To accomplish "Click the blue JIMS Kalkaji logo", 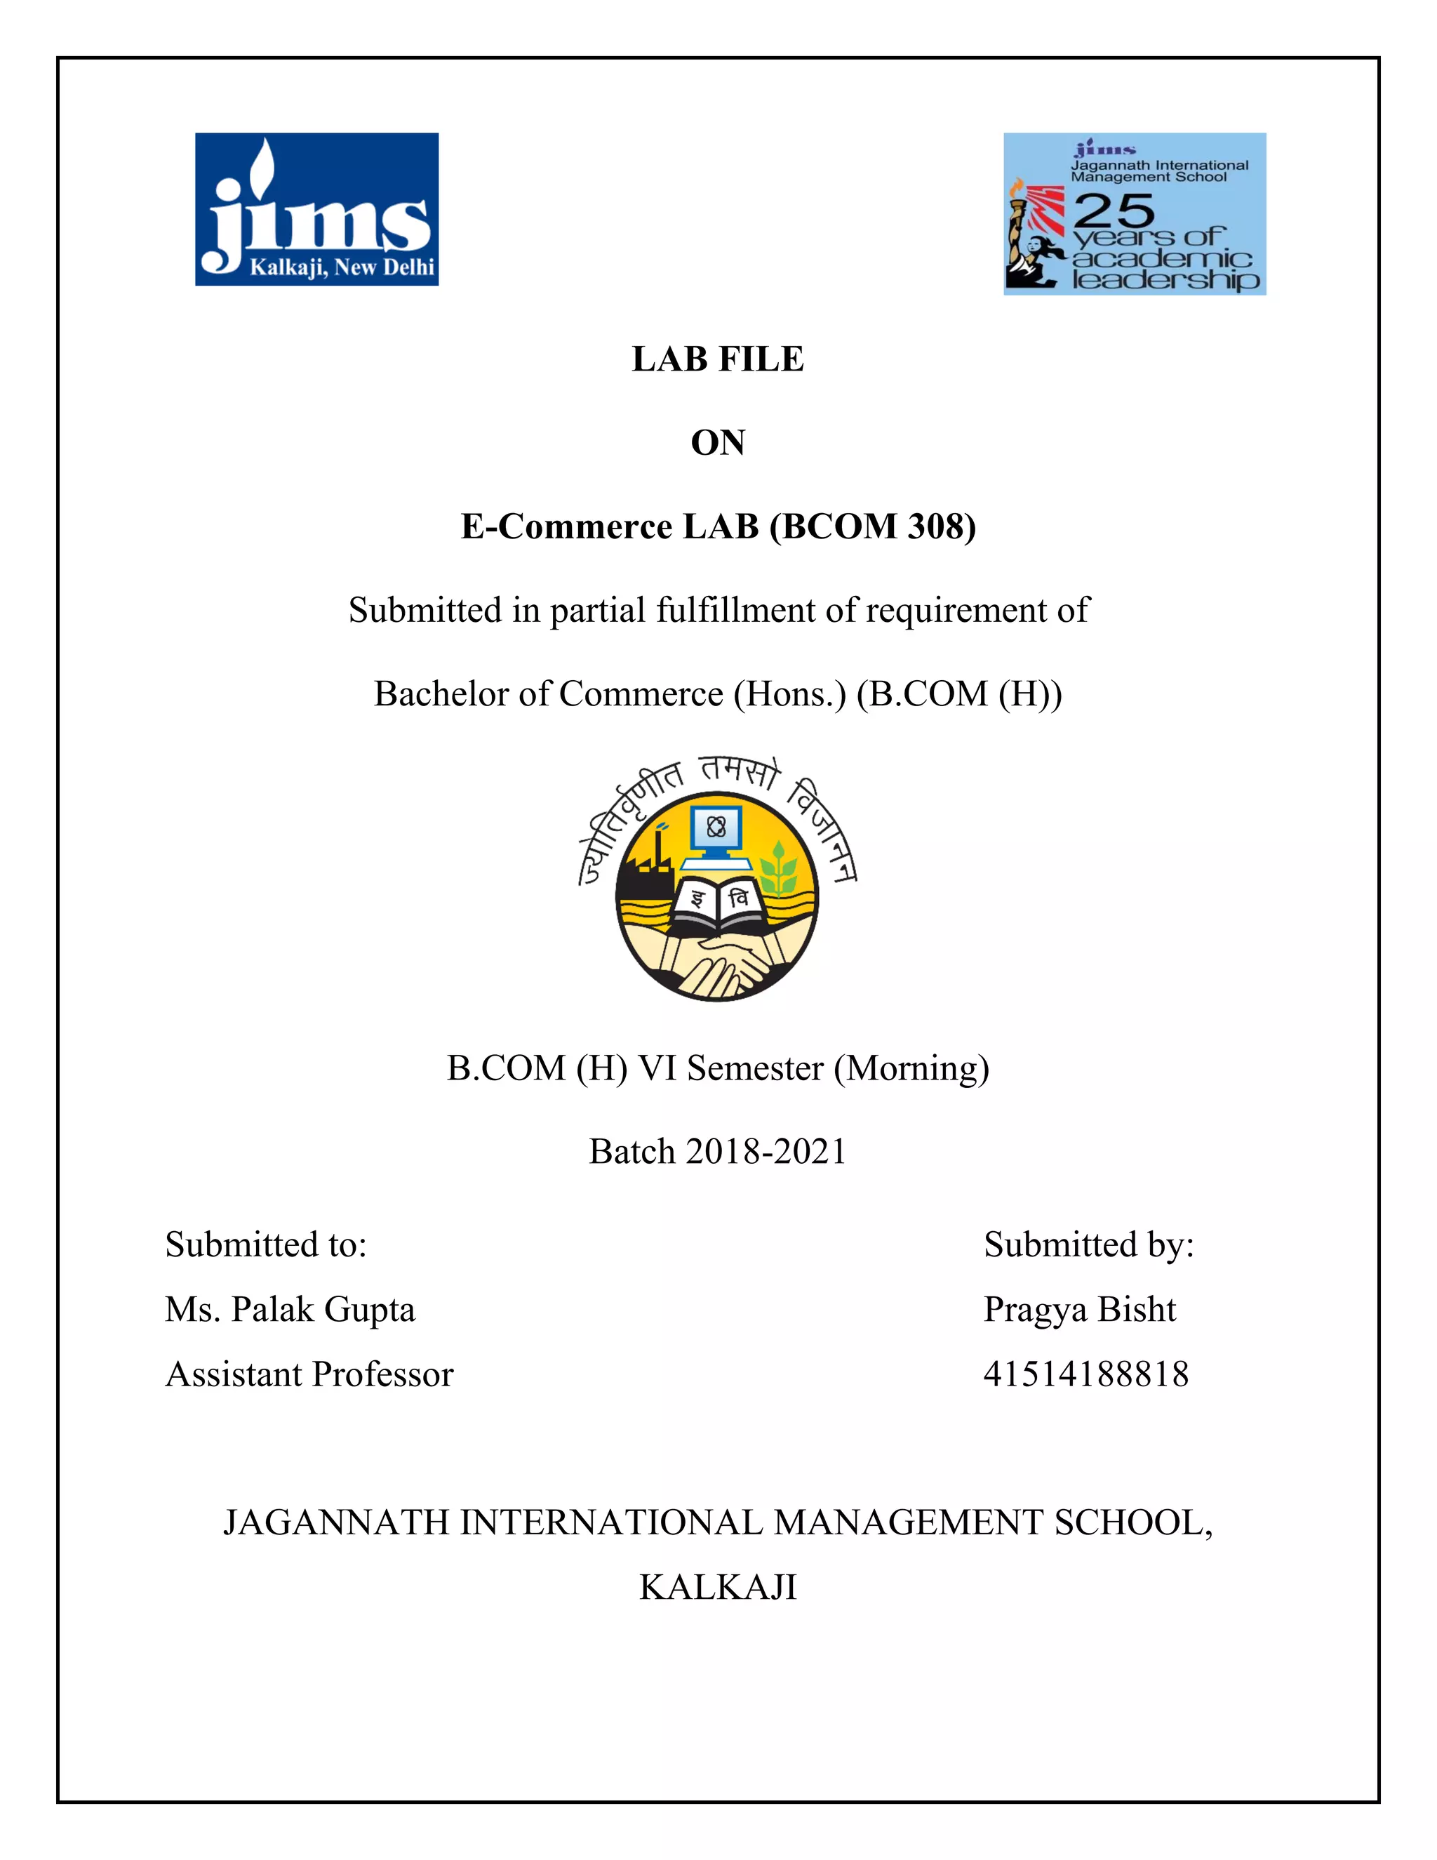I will tap(316, 209).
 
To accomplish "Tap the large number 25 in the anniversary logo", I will tap(1114, 209).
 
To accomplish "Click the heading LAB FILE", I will tap(718, 359).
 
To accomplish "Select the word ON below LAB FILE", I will tap(718, 443).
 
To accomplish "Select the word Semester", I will tap(755, 1068).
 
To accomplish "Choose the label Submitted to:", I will tap(266, 1245).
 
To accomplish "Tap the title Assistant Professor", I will tap(309, 1374).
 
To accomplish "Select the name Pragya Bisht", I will tap(1079, 1310).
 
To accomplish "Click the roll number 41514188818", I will tap(1085, 1374).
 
